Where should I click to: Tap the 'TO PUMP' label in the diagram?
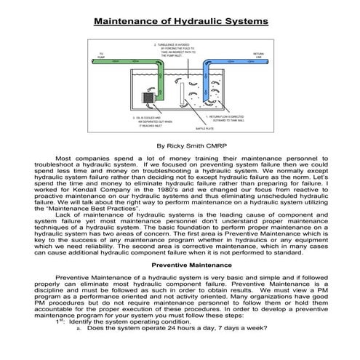tap(101, 55)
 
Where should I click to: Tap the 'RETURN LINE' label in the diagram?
tap(257, 55)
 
